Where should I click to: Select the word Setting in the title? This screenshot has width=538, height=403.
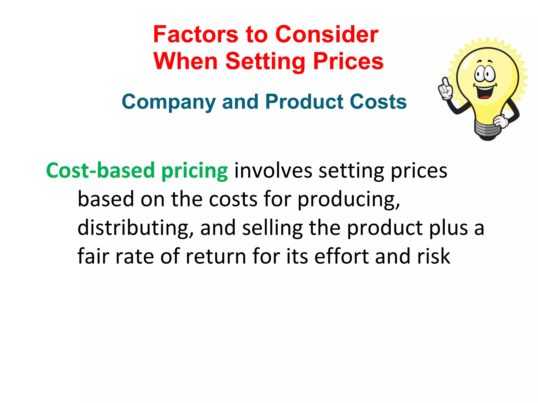pos(265,61)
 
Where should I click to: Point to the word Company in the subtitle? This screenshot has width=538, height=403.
pos(168,102)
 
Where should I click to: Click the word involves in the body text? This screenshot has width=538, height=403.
pos(273,171)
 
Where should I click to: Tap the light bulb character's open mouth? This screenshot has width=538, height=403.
pos(485,92)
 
